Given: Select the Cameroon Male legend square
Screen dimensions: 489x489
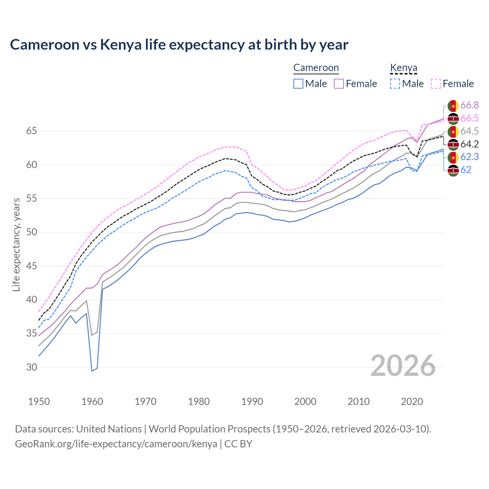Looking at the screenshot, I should coord(298,84).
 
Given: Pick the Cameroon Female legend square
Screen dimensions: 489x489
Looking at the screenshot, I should coord(339,84).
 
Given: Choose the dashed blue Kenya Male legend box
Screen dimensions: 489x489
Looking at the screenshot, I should coord(395,84).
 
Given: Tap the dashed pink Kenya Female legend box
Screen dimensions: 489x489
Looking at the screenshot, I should coord(436,84).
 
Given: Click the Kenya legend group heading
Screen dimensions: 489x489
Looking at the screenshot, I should coord(403,68).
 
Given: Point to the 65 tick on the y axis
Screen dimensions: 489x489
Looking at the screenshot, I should coord(31,131).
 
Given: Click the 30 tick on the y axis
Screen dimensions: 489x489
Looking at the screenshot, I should coord(31,367).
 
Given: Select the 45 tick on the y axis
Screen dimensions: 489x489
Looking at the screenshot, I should coord(31,266).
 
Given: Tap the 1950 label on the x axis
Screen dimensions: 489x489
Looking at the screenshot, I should coord(39,402).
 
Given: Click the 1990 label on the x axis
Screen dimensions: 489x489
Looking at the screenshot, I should coord(252,402).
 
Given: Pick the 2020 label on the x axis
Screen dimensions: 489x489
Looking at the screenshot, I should coord(412,402).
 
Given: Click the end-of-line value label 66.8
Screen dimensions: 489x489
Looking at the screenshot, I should coord(470,105).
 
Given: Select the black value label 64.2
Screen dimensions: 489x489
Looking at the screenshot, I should coord(470,144).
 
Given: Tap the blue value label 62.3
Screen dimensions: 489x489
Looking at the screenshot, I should coord(470,157).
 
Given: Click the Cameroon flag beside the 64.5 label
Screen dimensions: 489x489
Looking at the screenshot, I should coord(453,131).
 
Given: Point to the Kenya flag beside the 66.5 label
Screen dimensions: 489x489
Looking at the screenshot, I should coord(453,118).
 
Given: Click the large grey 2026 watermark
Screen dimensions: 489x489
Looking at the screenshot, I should coord(403,366).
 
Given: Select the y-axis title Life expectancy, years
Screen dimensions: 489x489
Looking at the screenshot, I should coord(16,244).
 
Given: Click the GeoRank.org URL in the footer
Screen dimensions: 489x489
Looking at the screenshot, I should coord(116,444).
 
